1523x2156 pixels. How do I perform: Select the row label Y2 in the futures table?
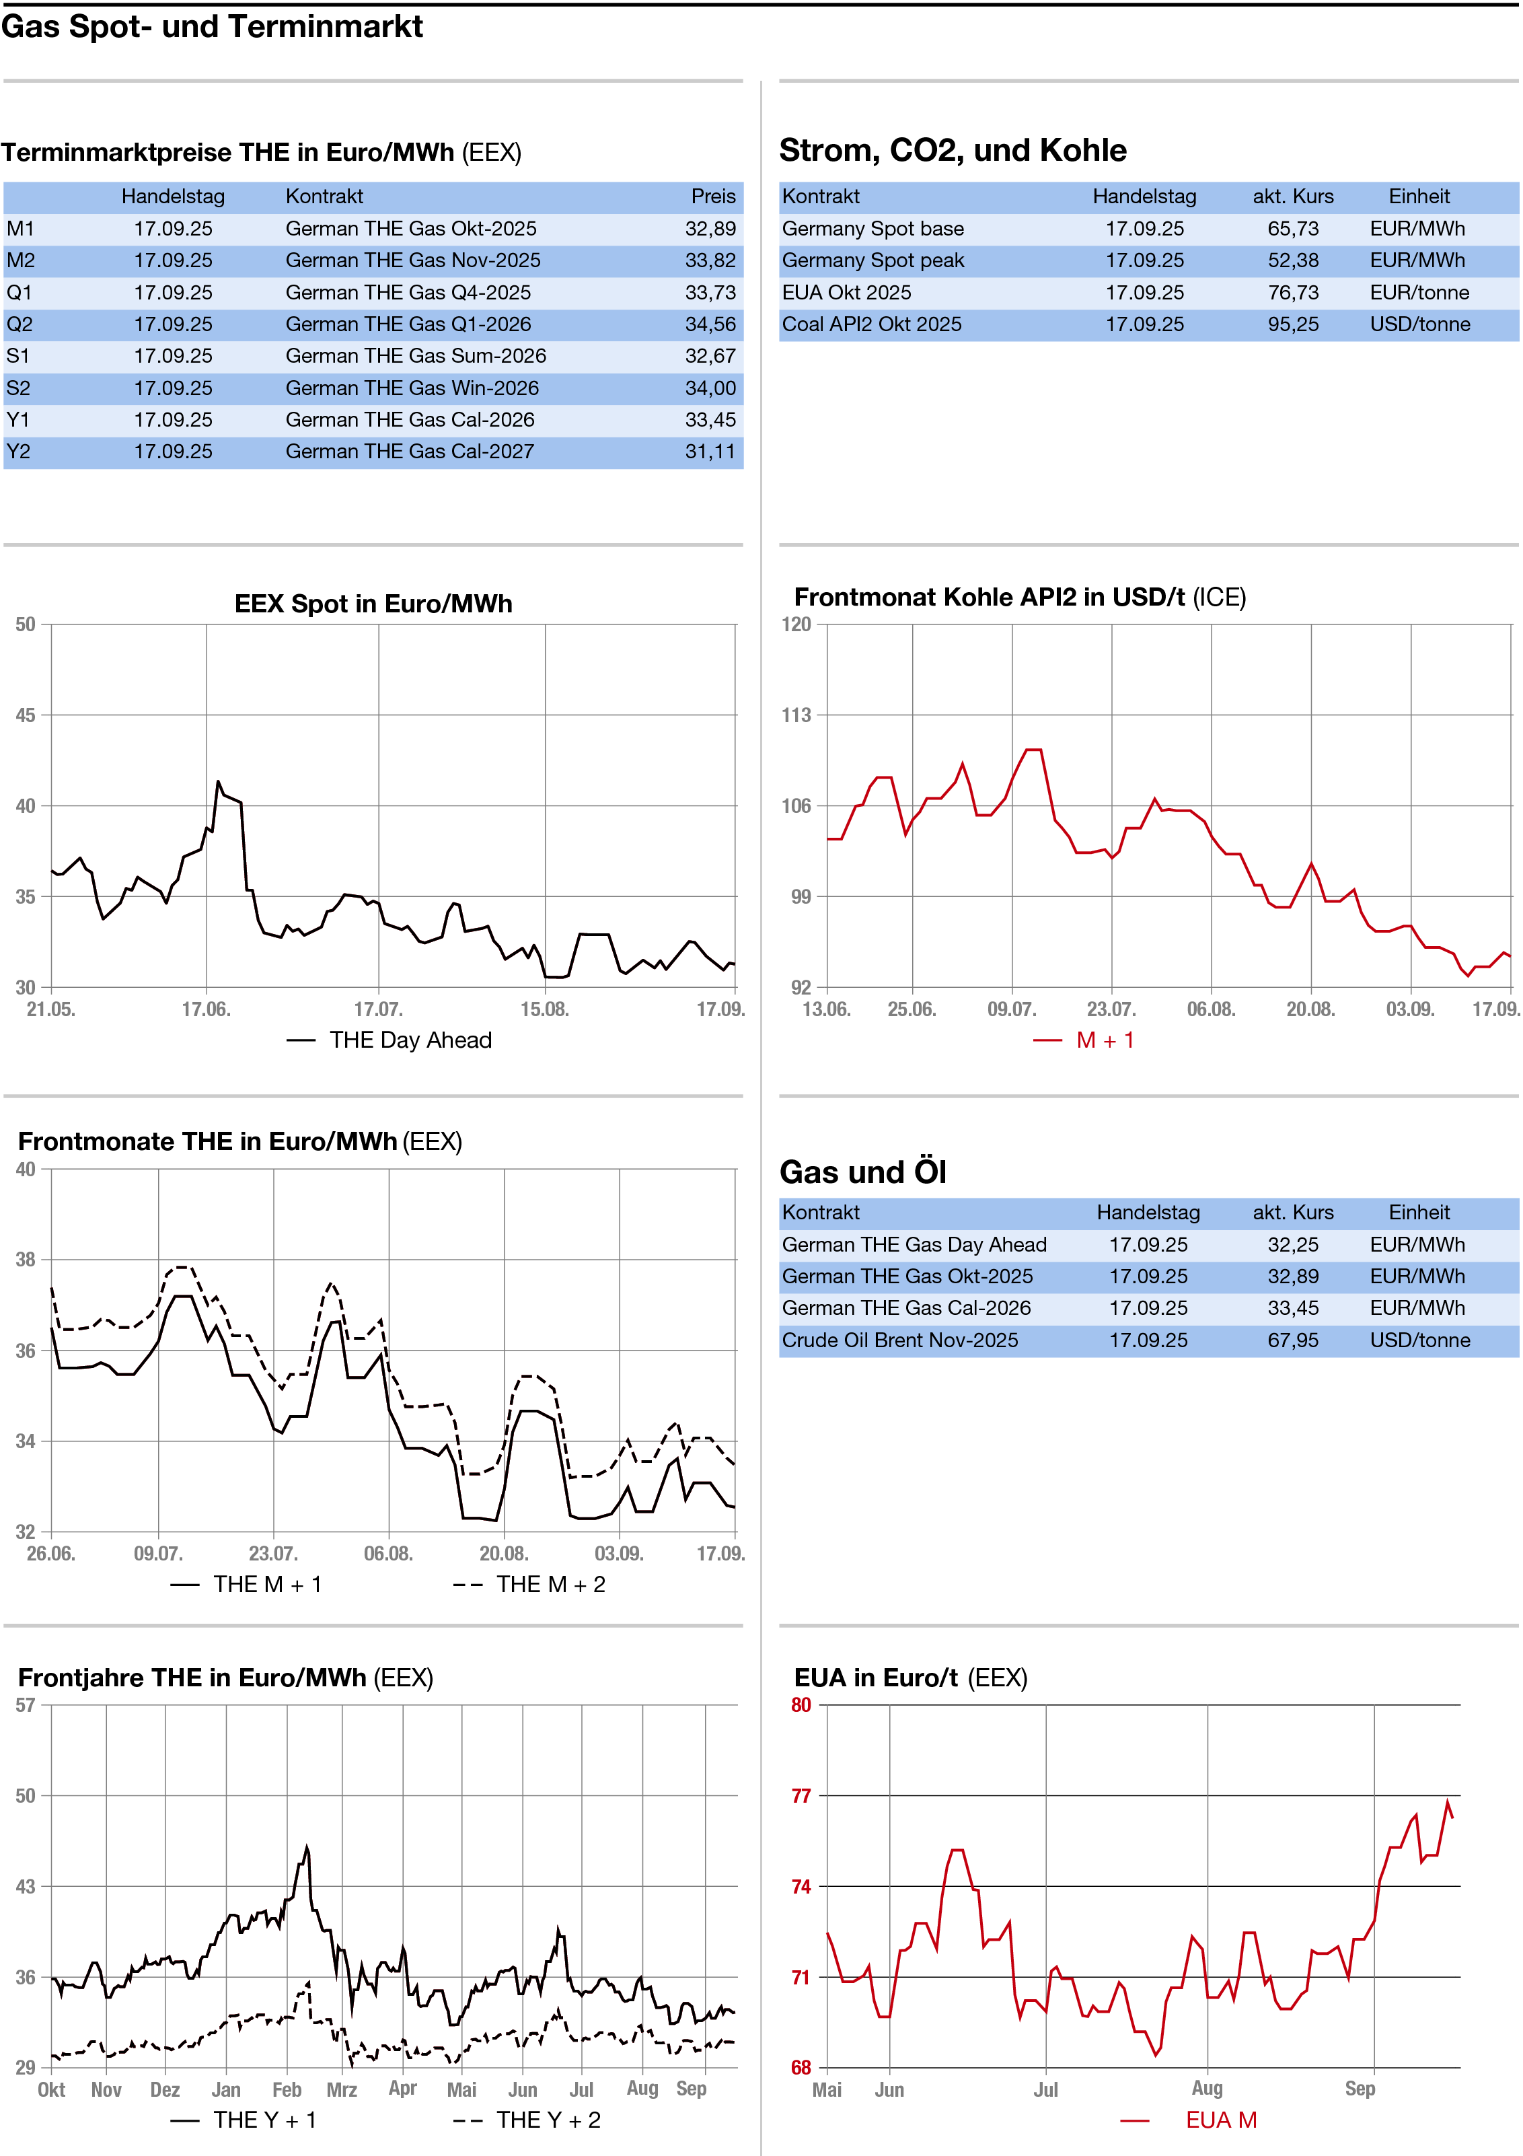click(19, 452)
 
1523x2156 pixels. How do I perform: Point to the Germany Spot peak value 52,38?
click(1292, 261)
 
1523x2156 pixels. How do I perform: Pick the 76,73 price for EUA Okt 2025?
click(1292, 293)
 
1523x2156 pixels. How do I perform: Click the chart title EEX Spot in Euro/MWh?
click(373, 604)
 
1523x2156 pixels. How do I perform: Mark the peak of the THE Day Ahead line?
click(218, 781)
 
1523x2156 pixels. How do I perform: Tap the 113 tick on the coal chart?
click(796, 715)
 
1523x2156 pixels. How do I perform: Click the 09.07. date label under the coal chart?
click(1011, 1009)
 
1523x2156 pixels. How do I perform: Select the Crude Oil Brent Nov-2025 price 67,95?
click(1292, 1340)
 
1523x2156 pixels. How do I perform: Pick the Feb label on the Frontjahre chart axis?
click(287, 2089)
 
